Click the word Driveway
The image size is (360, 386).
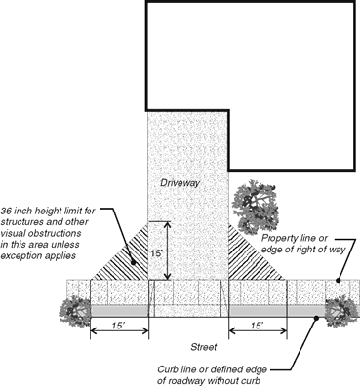(180, 183)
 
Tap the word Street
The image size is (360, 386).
(204, 347)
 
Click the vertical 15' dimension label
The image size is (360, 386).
(157, 253)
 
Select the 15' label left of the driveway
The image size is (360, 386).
(119, 326)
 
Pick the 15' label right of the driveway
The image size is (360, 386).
(257, 326)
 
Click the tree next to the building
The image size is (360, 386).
(256, 207)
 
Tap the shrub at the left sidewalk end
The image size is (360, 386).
(75, 312)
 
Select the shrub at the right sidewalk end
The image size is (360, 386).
(341, 312)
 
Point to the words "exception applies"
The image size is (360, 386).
(38, 255)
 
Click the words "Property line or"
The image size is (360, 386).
(295, 238)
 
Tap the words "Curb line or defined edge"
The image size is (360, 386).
(212, 369)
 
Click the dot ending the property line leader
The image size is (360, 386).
(338, 280)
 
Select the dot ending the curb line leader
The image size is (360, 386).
(315, 318)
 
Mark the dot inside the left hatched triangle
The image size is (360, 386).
(133, 262)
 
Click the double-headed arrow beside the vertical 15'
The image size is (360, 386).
(167, 251)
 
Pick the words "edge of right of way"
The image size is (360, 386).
(303, 250)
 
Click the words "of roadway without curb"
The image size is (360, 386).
(209, 381)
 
